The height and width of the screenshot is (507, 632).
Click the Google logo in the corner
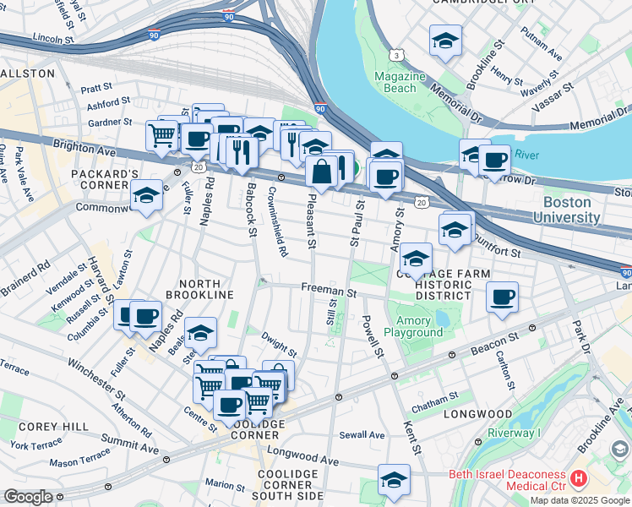coord(27,497)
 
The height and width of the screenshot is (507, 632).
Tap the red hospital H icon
coord(579,479)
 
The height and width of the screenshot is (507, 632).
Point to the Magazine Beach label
coord(401,82)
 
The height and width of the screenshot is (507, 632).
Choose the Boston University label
coord(571,210)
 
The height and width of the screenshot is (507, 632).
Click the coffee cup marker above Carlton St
coord(502,297)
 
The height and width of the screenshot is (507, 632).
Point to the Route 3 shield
coord(395,55)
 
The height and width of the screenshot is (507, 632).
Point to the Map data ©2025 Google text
coord(579,500)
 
